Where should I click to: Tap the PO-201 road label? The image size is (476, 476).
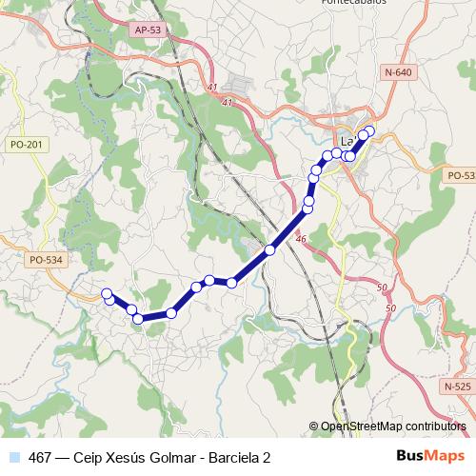[24, 144]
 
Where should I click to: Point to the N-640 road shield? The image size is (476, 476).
[399, 73]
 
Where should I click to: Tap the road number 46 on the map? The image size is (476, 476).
[301, 240]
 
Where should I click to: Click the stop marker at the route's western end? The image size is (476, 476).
[107, 293]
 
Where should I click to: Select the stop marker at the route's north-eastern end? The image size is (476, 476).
[369, 131]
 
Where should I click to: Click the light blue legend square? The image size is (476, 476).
[12, 455]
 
